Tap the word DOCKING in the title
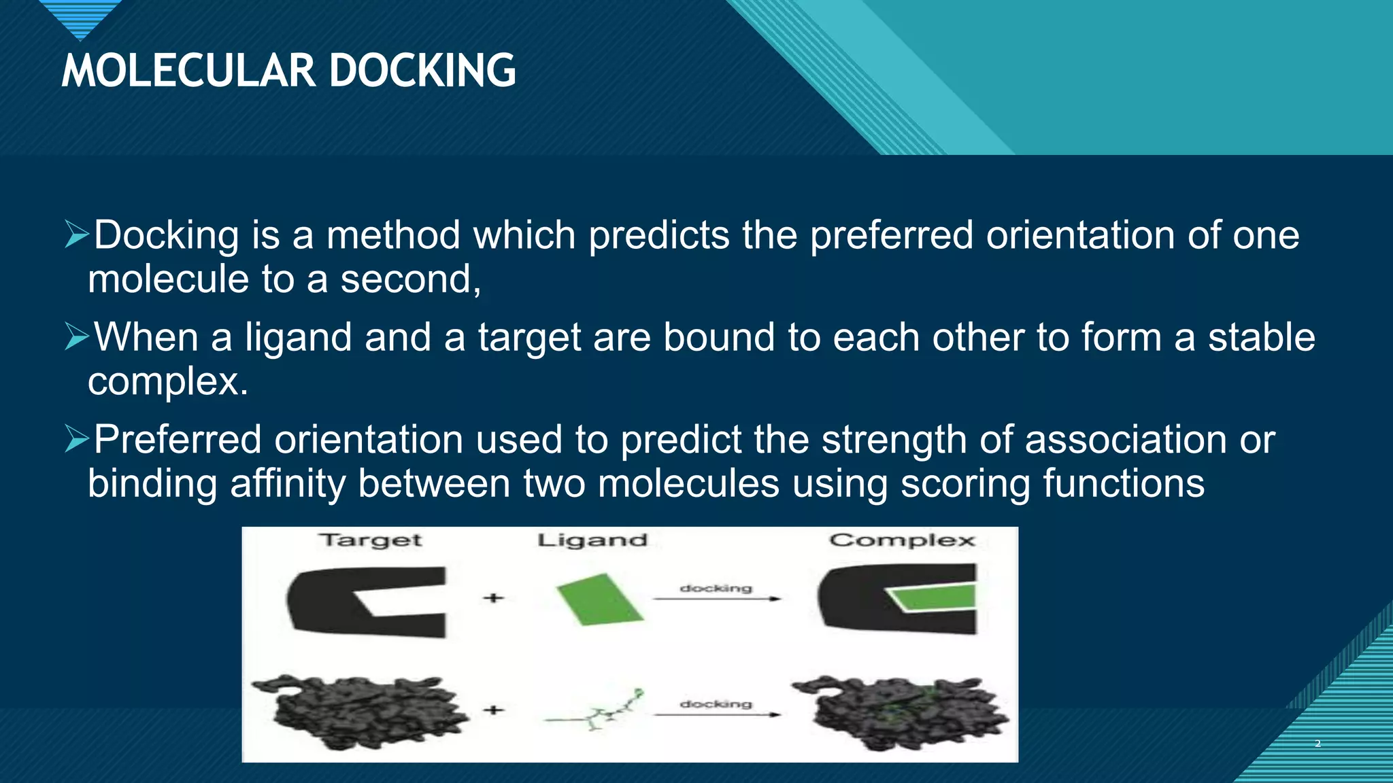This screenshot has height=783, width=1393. tap(422, 71)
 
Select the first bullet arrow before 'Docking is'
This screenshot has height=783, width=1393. tap(77, 234)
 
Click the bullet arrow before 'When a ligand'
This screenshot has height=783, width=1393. tap(77, 337)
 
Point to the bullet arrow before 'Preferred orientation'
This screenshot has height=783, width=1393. tap(77, 440)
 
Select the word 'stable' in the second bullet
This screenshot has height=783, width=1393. tap(1261, 337)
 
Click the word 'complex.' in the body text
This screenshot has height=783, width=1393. tap(168, 381)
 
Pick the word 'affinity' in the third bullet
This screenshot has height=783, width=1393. tap(287, 483)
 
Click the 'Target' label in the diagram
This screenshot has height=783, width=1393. tap(371, 540)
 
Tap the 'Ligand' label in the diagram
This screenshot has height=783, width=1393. tap(592, 540)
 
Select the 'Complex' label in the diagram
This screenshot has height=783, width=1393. tap(902, 540)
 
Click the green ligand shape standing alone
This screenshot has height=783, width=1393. tap(599, 599)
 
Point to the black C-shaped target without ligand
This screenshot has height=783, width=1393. tap(333, 602)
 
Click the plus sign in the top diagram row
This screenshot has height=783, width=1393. tap(494, 598)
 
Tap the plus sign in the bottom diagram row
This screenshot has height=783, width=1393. tap(494, 710)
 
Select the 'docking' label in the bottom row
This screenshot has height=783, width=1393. tap(716, 704)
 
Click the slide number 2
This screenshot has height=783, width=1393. tap(1318, 744)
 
